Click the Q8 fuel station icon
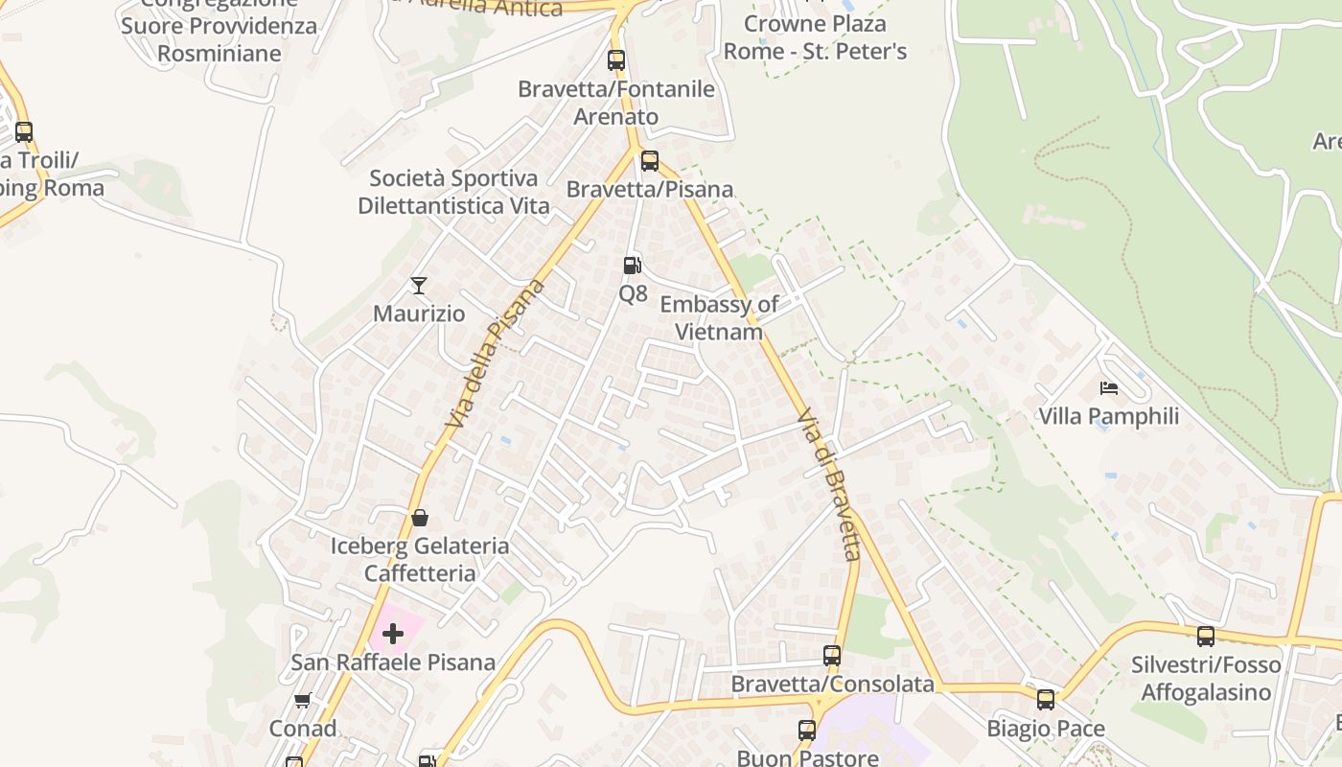pyautogui.click(x=632, y=265)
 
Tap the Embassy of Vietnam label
pyautogui.click(x=719, y=318)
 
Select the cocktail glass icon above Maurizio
pyautogui.click(x=418, y=285)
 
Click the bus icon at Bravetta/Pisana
pyautogui.click(x=650, y=160)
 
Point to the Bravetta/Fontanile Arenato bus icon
pyautogui.click(x=616, y=60)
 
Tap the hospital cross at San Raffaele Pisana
pyautogui.click(x=393, y=633)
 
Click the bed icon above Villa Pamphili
pyautogui.click(x=1109, y=388)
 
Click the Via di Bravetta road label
pyautogui.click(x=830, y=485)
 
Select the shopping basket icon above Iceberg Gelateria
pyautogui.click(x=420, y=519)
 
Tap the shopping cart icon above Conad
pyautogui.click(x=303, y=700)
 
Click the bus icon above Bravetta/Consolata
pyautogui.click(x=832, y=656)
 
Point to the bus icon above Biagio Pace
pyautogui.click(x=1046, y=700)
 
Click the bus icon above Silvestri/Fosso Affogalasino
pyautogui.click(x=1206, y=636)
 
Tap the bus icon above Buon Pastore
pyautogui.click(x=807, y=731)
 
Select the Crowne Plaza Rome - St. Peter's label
pyautogui.click(x=815, y=36)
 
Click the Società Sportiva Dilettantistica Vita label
pyautogui.click(x=453, y=192)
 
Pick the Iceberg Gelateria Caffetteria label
pyautogui.click(x=420, y=559)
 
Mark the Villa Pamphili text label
pyautogui.click(x=1109, y=416)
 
